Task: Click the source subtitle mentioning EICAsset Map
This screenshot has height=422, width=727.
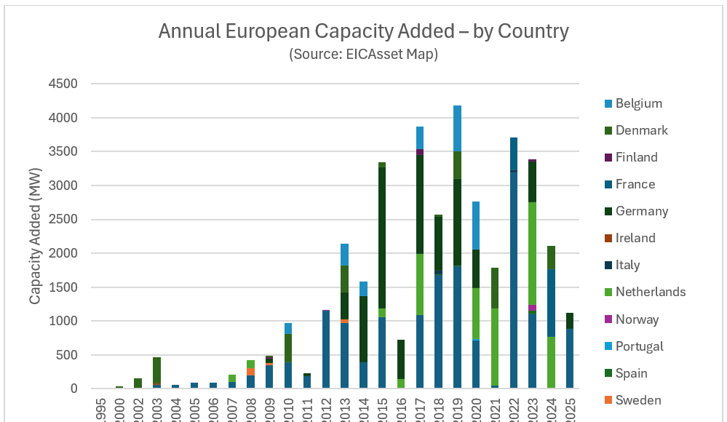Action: [x=363, y=54]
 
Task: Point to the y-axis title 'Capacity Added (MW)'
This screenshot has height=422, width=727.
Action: [x=35, y=236]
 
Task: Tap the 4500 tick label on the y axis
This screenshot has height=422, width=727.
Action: [x=63, y=84]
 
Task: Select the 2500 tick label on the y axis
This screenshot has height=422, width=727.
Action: [x=63, y=219]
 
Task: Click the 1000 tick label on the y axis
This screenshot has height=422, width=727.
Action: [x=63, y=321]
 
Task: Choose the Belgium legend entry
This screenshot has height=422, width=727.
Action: [x=638, y=103]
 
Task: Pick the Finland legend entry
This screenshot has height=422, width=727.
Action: [x=636, y=157]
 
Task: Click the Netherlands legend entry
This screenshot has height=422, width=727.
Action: [x=650, y=292]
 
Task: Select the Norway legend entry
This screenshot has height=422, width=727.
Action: [x=637, y=319]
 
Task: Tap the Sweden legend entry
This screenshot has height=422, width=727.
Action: [x=638, y=400]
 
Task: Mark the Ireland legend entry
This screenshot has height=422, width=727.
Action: [x=635, y=238]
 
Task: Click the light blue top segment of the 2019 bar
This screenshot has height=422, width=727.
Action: [x=457, y=128]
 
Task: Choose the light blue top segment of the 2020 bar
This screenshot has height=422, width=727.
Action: [x=476, y=226]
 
